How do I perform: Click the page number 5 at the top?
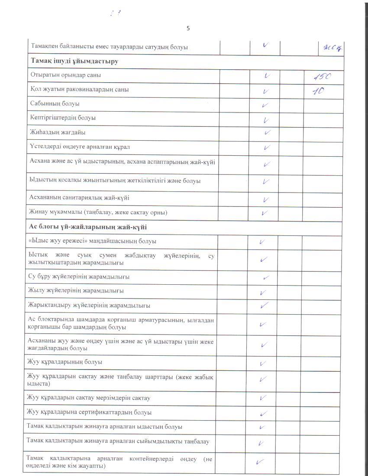point(188,29)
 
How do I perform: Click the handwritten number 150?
point(322,77)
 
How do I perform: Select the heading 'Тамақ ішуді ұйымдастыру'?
point(74,61)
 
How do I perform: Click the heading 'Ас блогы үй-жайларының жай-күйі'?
point(88,227)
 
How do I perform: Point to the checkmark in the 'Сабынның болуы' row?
point(265,105)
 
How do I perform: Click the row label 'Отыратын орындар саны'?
point(65,75)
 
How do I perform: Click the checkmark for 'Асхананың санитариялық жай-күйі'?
point(265,199)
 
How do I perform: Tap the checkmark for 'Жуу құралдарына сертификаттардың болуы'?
point(263,413)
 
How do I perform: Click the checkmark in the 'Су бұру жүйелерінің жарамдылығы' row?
point(266,277)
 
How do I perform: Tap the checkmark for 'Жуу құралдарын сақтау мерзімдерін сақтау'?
point(263,398)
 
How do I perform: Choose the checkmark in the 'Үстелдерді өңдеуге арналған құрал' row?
point(266,148)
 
